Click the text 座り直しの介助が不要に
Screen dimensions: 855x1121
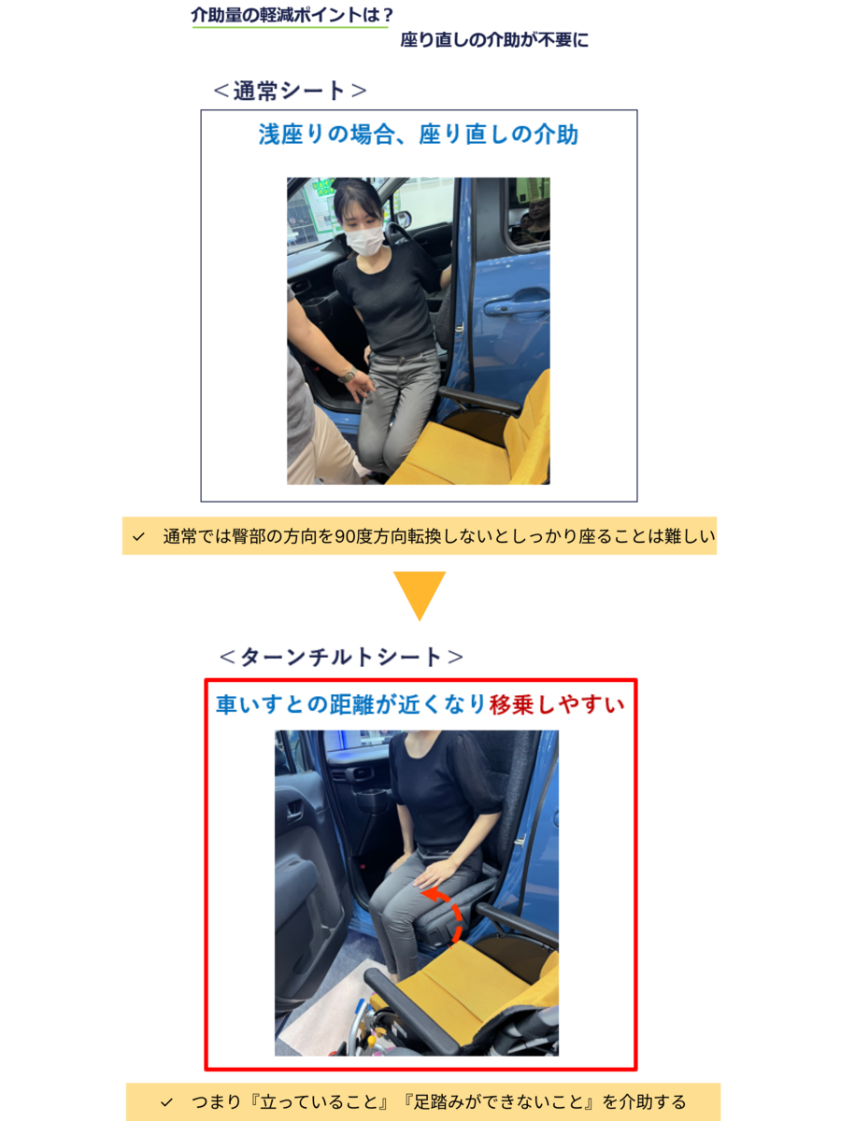click(x=494, y=40)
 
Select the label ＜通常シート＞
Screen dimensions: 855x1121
click(x=290, y=91)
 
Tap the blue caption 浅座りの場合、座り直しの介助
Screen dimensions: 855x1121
click(x=419, y=135)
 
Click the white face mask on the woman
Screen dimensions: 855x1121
click(x=364, y=239)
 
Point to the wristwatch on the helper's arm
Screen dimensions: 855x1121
click(x=347, y=376)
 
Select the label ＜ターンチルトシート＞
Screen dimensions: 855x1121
click(x=341, y=657)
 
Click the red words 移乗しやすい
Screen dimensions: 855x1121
click(x=557, y=704)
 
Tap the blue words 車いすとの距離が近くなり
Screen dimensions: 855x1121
click(x=351, y=704)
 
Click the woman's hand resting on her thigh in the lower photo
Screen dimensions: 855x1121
click(x=435, y=876)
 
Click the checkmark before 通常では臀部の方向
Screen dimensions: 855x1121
click(x=138, y=537)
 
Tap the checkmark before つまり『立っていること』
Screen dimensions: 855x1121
click(x=166, y=1102)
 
